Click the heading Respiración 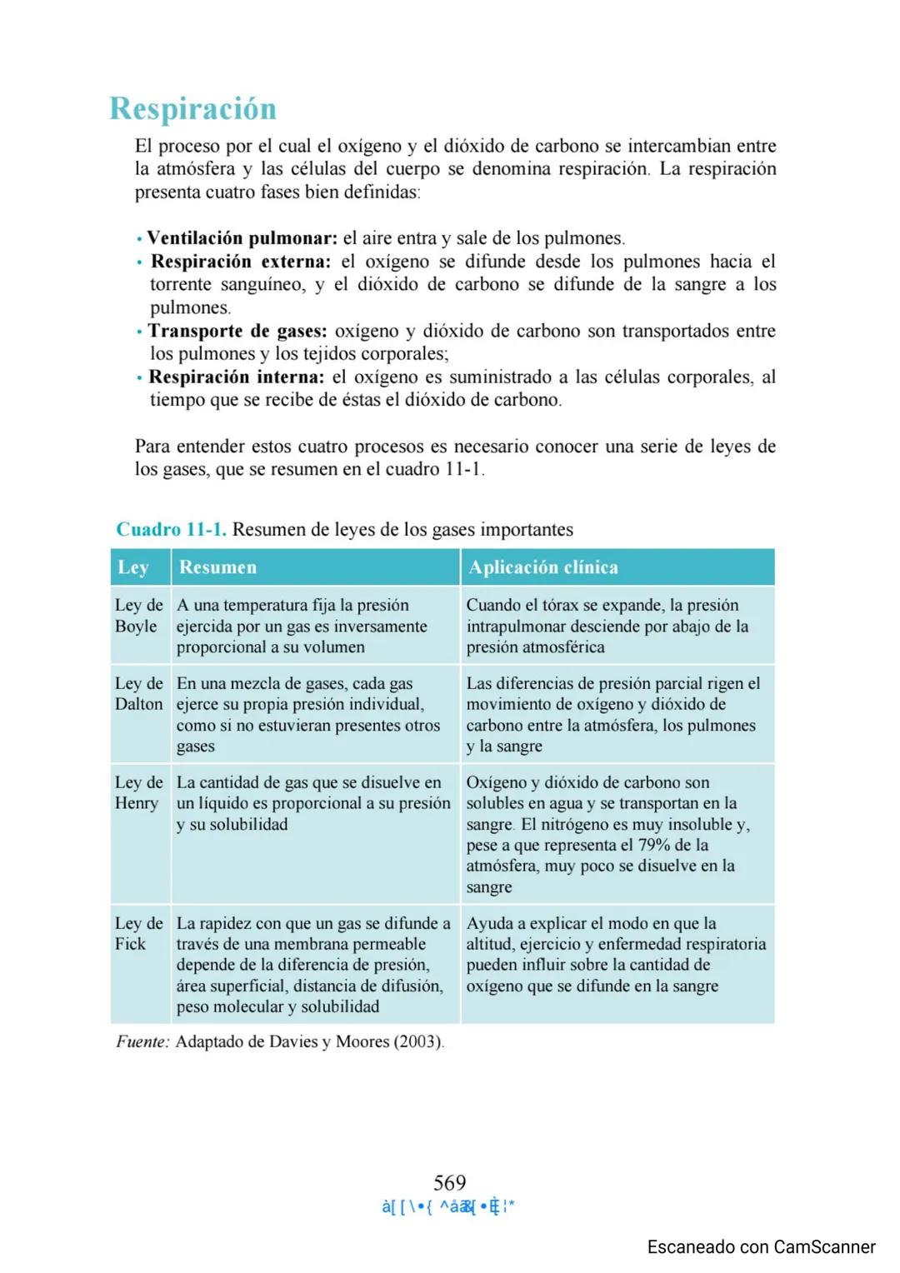click(192, 109)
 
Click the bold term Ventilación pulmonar click(242, 238)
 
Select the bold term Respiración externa click(240, 262)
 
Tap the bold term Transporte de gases click(237, 331)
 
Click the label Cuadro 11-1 click(171, 530)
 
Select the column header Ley click(133, 567)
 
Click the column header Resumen click(217, 567)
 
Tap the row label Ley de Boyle click(138, 616)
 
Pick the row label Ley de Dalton click(138, 694)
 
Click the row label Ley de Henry click(138, 793)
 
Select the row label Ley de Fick click(138, 933)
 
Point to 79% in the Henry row click(654, 845)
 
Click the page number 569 click(449, 1182)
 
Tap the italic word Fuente click(142, 1041)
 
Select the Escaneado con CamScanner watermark click(761, 1247)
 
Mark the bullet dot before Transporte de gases click(139, 332)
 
